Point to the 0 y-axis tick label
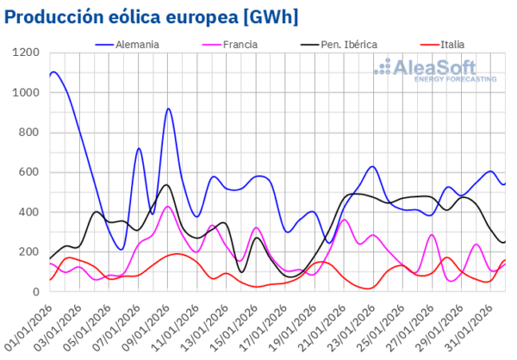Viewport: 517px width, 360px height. click(x=38, y=292)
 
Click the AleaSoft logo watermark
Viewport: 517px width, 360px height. click(x=439, y=69)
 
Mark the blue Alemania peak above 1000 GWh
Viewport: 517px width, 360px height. click(x=54, y=72)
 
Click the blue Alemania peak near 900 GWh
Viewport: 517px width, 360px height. click(x=168, y=109)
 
